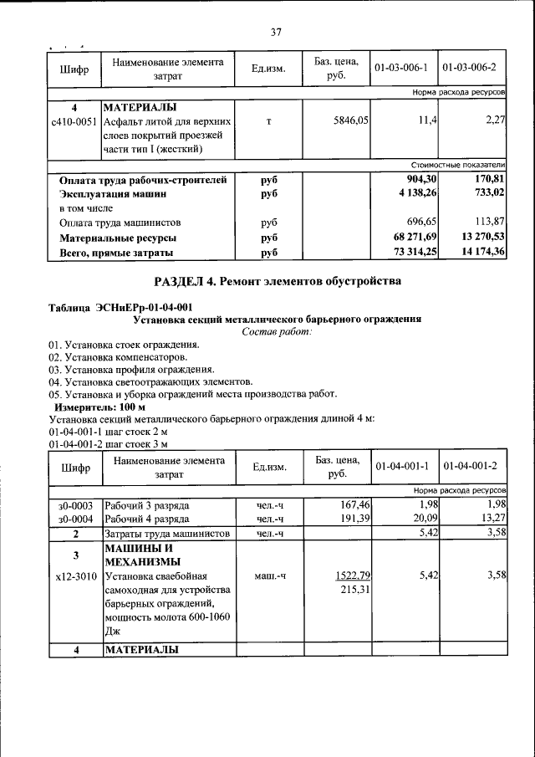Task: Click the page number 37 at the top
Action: click(x=276, y=33)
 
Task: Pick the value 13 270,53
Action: click(x=478, y=238)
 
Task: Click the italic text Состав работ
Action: click(x=277, y=332)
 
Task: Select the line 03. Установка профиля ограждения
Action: click(x=131, y=369)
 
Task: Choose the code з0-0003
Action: click(x=74, y=505)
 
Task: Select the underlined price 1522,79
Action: click(x=352, y=576)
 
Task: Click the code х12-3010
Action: click(x=74, y=576)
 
